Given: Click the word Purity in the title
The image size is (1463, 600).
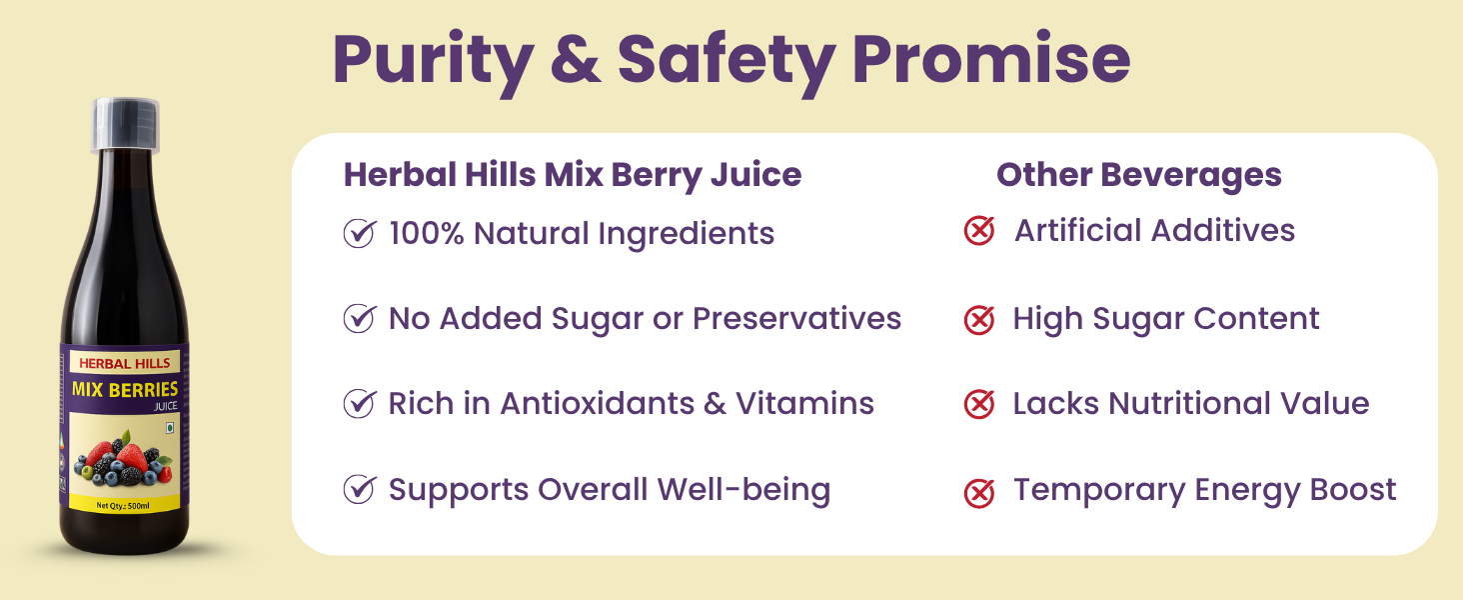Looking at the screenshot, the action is [x=434, y=63].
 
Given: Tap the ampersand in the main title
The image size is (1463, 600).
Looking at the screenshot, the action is [x=576, y=58].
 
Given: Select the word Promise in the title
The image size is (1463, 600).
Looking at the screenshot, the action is [x=991, y=58].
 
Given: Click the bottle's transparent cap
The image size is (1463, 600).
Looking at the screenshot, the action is [x=125, y=124].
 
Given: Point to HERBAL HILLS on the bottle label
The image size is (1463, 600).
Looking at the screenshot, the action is [x=125, y=363].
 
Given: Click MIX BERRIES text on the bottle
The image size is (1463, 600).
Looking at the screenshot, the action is [x=125, y=390].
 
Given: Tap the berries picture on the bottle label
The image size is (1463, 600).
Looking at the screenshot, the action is [x=124, y=462].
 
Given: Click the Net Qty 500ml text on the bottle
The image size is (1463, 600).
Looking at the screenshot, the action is [x=123, y=505].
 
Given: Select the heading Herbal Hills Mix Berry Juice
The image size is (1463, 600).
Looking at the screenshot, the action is [x=573, y=176].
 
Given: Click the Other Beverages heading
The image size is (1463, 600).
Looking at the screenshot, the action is [x=1138, y=176].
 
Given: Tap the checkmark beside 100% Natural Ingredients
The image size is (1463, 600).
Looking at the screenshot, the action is [x=359, y=233].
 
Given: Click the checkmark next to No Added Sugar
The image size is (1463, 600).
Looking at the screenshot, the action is [x=359, y=318].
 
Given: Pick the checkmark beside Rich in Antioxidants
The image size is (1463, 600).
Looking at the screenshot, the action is [x=359, y=403].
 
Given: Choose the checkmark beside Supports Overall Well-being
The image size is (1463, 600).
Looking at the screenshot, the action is [x=359, y=490].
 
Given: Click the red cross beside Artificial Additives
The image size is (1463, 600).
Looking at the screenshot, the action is [x=979, y=231].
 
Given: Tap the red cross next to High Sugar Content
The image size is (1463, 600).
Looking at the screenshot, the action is [x=979, y=320].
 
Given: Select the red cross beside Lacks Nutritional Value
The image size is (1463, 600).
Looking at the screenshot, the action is [x=979, y=404].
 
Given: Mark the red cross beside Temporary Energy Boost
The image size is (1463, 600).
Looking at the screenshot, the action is [x=979, y=493].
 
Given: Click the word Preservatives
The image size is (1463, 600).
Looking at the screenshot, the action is [x=796, y=318].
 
